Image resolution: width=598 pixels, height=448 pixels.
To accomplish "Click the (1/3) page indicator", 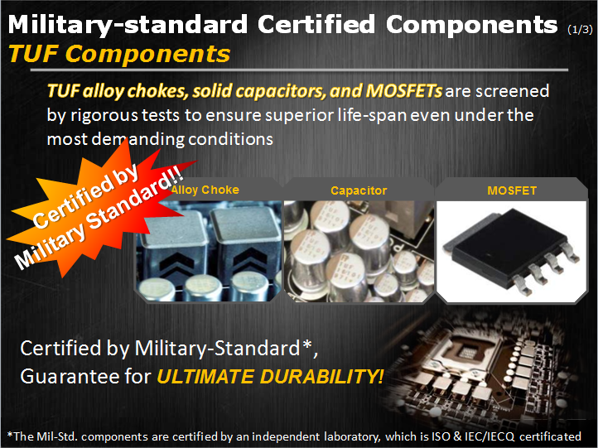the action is (580, 29).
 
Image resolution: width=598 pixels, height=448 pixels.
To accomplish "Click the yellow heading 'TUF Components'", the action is (119, 53).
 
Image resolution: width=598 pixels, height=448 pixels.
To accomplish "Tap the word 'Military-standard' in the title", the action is (128, 25).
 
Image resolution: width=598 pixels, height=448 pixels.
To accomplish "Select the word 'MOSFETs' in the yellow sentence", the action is (404, 91).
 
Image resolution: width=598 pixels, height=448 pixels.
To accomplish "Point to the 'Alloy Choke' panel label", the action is (205, 190).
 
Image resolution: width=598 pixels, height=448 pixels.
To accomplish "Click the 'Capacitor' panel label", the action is (359, 190).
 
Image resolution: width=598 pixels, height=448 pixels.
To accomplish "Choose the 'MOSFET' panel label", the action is (512, 190).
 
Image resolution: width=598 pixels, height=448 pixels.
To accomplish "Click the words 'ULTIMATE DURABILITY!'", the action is (270, 376).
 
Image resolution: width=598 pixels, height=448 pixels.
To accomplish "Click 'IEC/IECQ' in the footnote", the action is (489, 436).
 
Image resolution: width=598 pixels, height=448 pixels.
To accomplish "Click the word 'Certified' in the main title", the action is (316, 24).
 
